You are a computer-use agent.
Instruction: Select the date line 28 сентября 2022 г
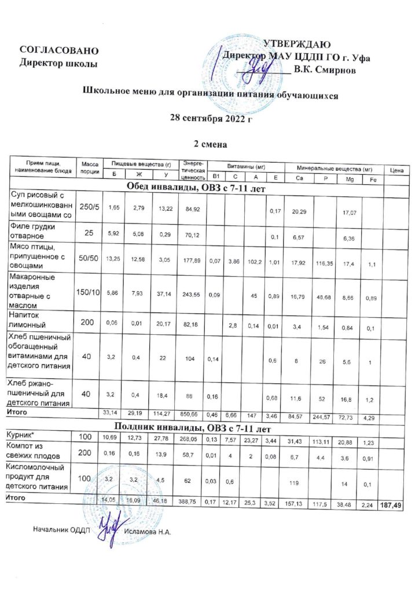point(211,119)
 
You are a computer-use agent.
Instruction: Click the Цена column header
point(397,170)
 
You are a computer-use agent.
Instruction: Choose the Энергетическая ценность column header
point(193,170)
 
